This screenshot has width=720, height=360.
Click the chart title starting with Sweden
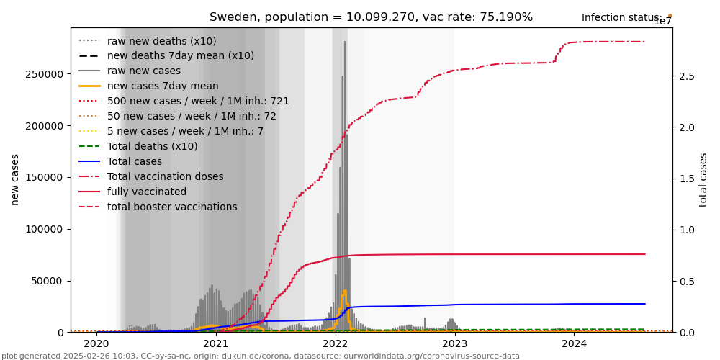(x=371, y=17)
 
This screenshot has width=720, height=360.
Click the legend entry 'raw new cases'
(x=144, y=71)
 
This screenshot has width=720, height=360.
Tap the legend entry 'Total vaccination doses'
(x=165, y=176)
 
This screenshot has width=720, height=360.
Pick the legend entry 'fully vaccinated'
(x=147, y=192)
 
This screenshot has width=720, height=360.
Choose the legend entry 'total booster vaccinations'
(x=172, y=207)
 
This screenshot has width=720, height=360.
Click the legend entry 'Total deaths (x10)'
(x=152, y=146)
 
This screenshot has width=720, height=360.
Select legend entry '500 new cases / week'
(x=198, y=101)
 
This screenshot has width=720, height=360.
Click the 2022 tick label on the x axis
(x=335, y=344)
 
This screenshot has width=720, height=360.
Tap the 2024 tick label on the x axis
(x=574, y=344)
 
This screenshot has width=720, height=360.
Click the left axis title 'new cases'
(x=15, y=179)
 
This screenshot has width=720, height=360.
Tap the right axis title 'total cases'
(x=703, y=179)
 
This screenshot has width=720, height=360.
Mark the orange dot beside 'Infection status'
(x=670, y=15)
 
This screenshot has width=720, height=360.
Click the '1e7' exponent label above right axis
(x=663, y=22)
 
